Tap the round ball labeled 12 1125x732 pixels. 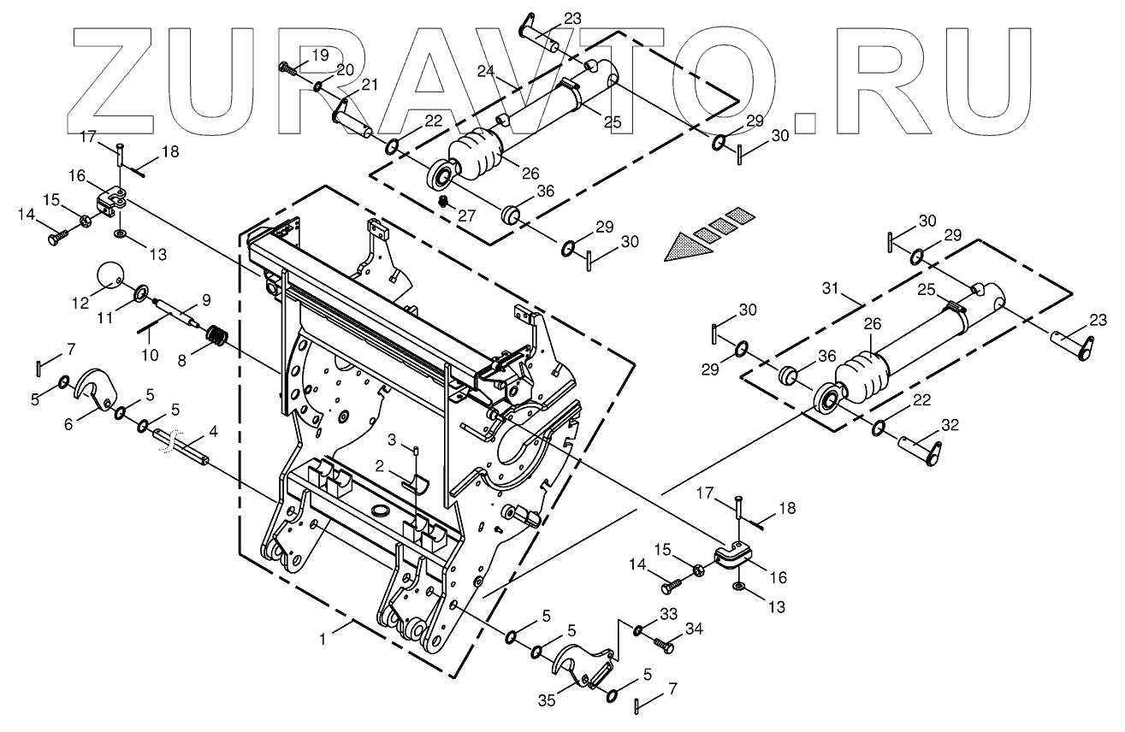click(x=110, y=275)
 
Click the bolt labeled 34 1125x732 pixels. click(x=662, y=641)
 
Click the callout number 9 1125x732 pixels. click(x=205, y=300)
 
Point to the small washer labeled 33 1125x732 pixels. click(x=639, y=631)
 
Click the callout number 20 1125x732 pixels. click(x=344, y=70)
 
